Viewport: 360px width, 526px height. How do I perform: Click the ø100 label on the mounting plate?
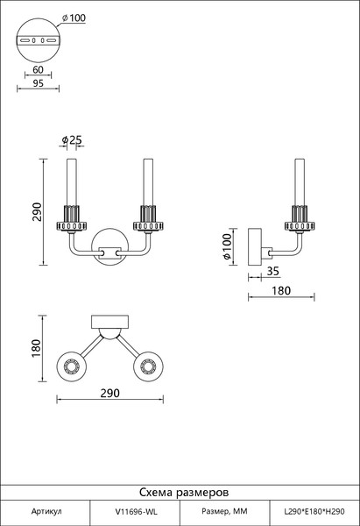click(74, 18)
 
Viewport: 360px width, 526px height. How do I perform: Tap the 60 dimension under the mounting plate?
click(38, 69)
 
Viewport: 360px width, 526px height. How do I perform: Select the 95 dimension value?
click(38, 83)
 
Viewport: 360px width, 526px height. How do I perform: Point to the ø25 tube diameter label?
click(72, 139)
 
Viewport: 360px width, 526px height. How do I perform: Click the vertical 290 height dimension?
click(37, 211)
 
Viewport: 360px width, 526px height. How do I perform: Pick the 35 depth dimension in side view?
click(272, 271)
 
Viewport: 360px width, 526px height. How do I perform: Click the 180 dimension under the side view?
click(281, 290)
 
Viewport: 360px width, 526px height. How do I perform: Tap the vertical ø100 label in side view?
click(227, 246)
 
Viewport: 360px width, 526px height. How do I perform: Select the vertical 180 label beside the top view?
click(36, 348)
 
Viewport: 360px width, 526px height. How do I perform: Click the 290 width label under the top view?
click(110, 393)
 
